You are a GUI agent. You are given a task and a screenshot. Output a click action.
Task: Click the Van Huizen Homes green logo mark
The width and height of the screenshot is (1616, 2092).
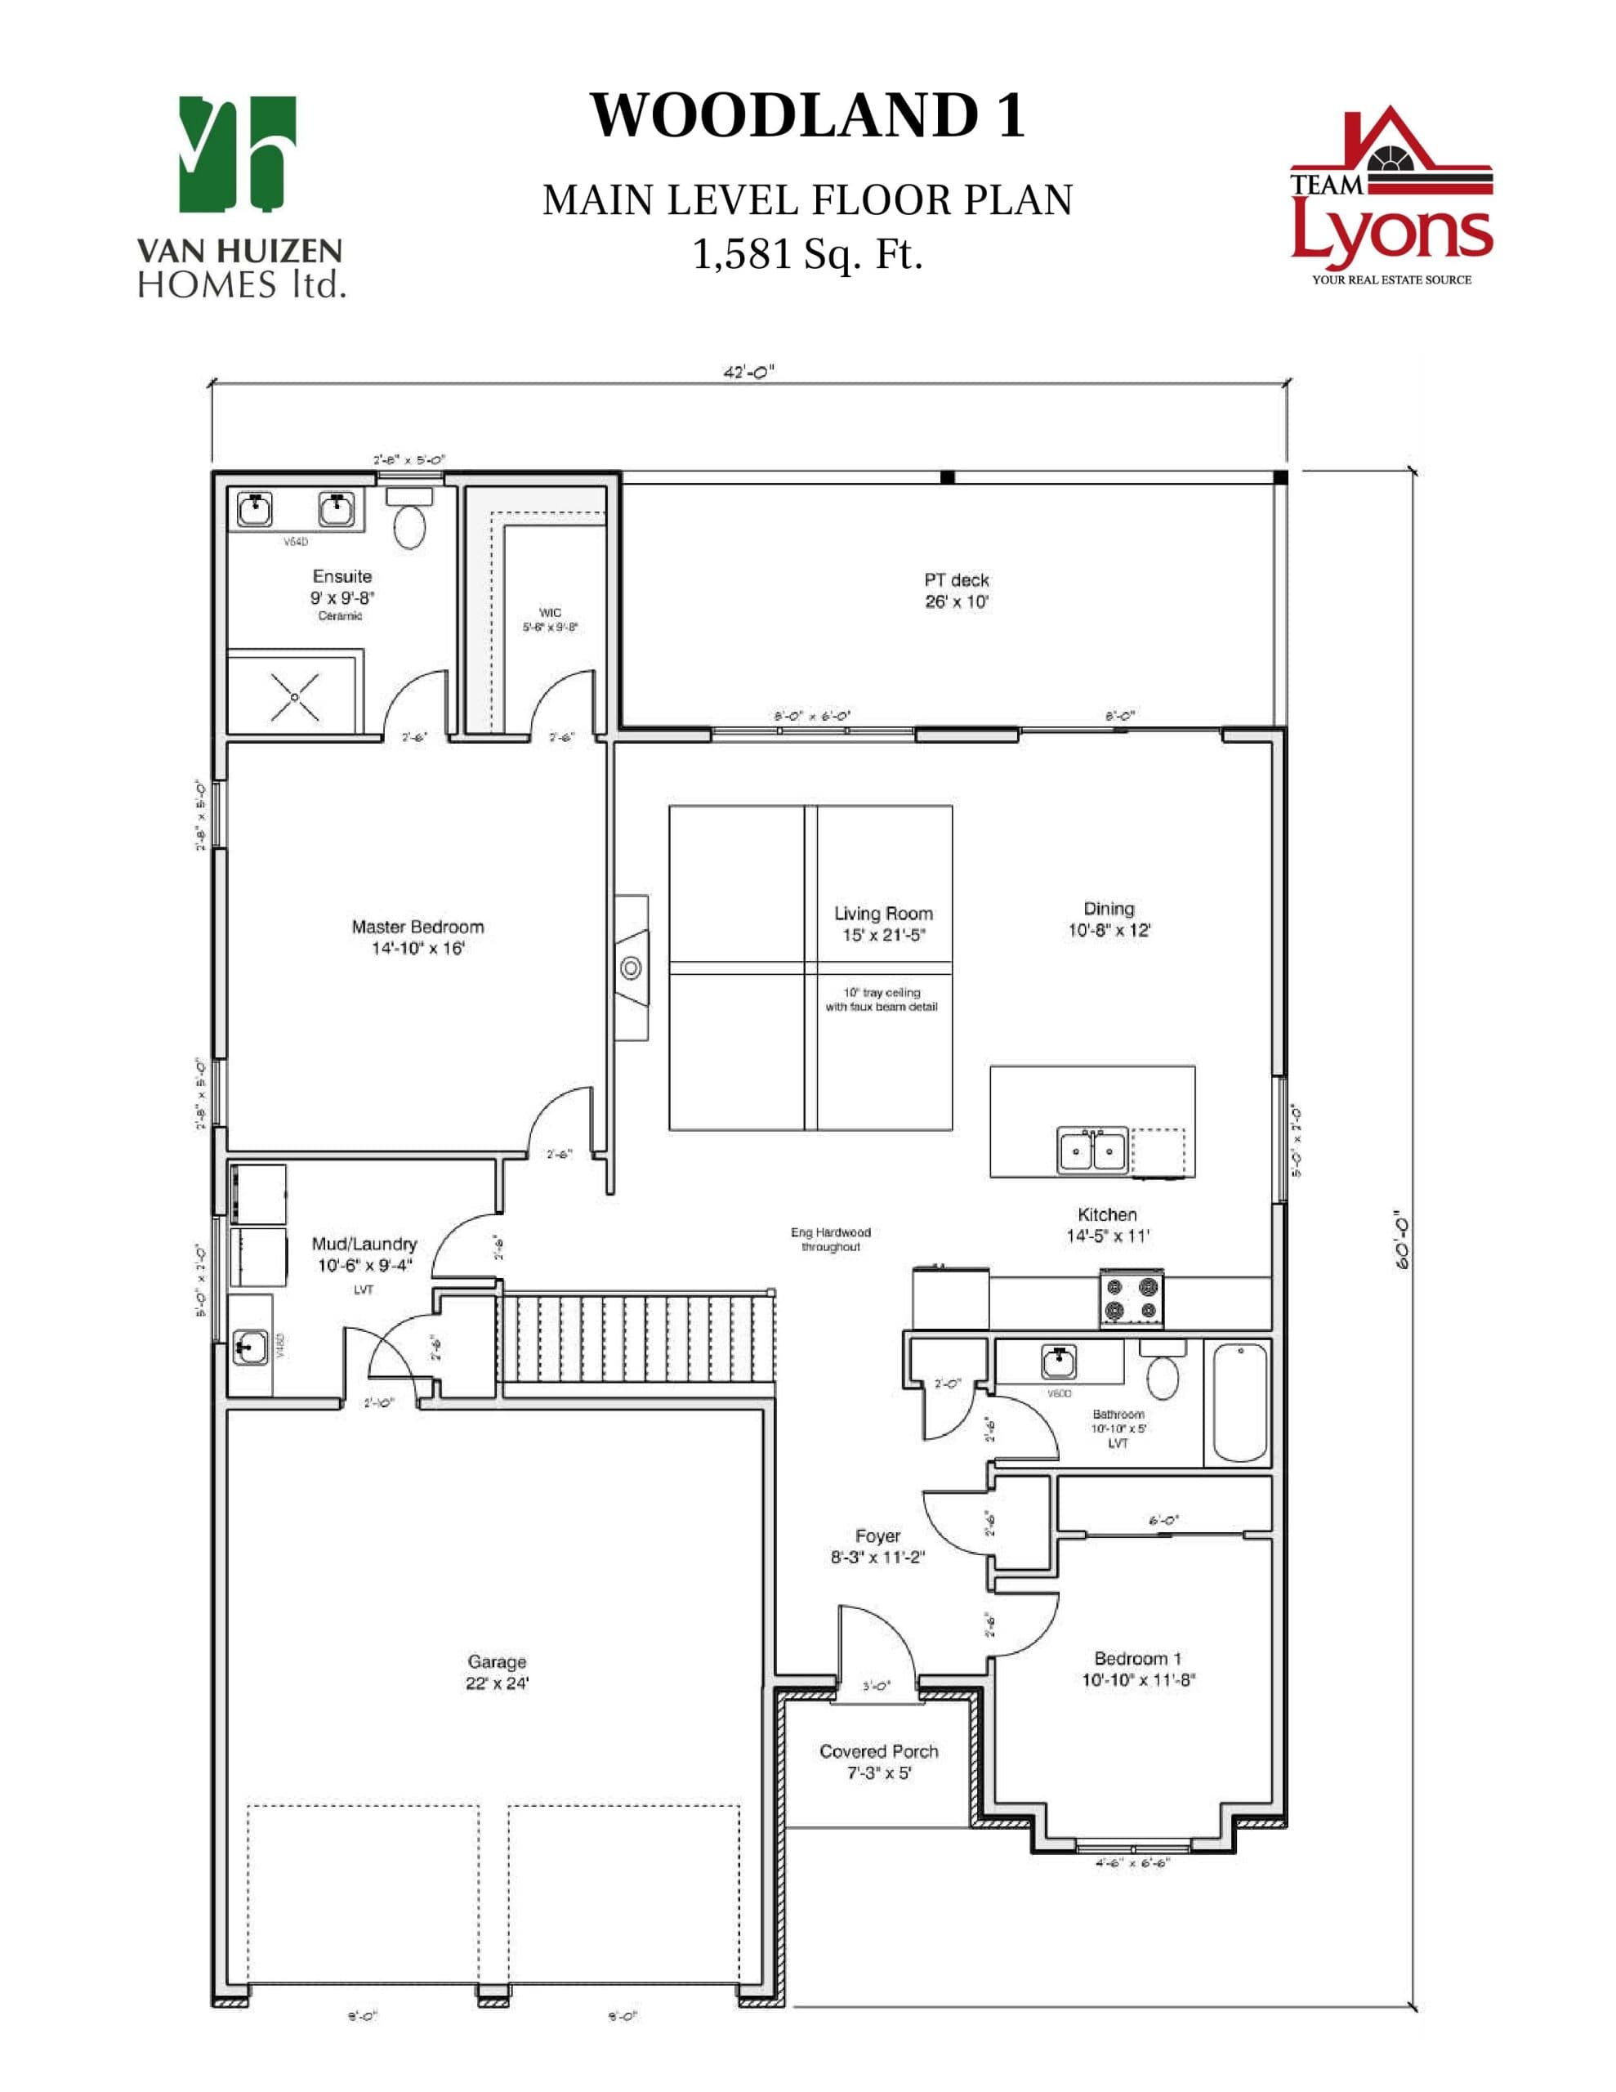[238, 154]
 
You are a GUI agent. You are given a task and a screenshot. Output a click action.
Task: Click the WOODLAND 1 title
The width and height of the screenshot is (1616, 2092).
[807, 116]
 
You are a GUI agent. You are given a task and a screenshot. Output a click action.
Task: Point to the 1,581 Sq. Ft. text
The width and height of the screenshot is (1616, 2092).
[807, 255]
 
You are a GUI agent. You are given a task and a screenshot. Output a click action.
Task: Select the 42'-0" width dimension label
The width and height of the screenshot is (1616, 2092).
[748, 373]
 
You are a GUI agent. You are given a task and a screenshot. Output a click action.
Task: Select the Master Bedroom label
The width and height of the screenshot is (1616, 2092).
[417, 936]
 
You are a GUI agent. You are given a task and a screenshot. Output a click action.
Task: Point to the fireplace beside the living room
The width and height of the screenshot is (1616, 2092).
[632, 968]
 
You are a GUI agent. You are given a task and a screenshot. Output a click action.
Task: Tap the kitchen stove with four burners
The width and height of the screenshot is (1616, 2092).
[1132, 1300]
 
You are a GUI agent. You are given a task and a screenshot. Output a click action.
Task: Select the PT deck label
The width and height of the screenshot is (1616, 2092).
[956, 590]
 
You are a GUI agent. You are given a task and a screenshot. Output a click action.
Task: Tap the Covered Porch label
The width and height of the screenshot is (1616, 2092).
[878, 1760]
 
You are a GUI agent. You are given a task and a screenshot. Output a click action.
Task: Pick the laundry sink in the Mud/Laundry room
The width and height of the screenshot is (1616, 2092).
[250, 1348]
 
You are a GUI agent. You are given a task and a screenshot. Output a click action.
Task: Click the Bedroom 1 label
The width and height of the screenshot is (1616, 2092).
[1138, 1668]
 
